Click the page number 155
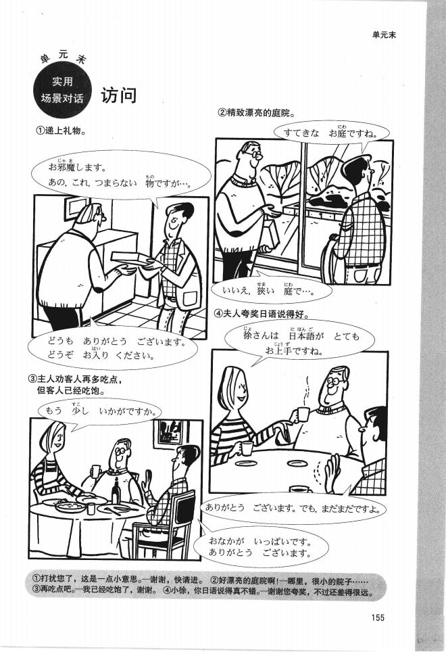click(x=377, y=615)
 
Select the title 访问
click(x=119, y=95)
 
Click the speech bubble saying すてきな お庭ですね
click(x=330, y=133)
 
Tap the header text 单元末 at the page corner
click(x=383, y=35)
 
